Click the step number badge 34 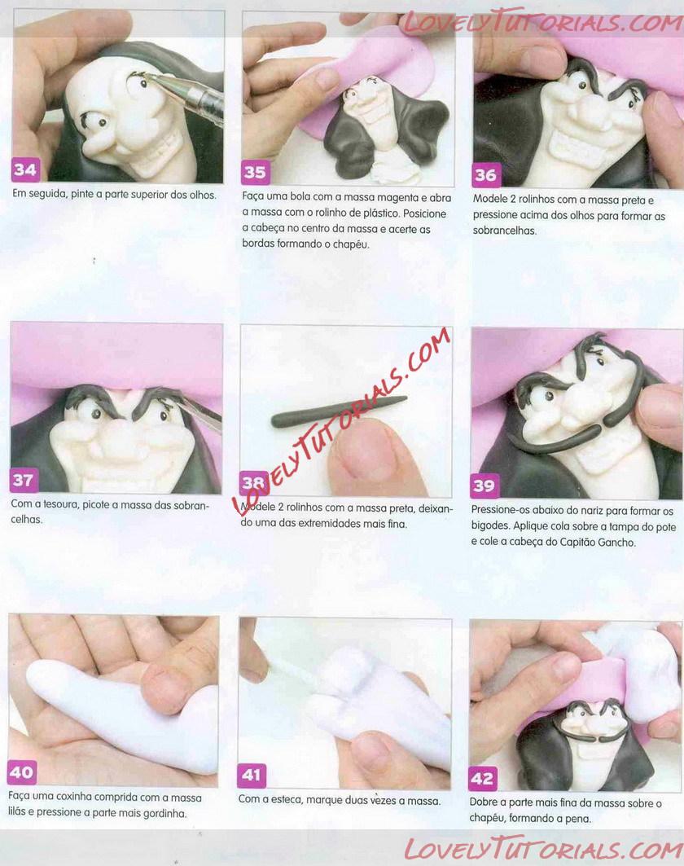pyautogui.click(x=25, y=169)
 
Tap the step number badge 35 pyautogui.click(x=255, y=173)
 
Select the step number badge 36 pyautogui.click(x=486, y=175)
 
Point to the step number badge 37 pyautogui.click(x=23, y=480)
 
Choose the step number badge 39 pyautogui.click(x=484, y=486)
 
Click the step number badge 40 pyautogui.click(x=21, y=772)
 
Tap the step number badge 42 pyautogui.click(x=482, y=778)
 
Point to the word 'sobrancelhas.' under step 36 pyautogui.click(x=505, y=231)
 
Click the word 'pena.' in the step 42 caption pyautogui.click(x=577, y=819)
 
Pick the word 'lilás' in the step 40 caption pyautogui.click(x=19, y=813)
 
